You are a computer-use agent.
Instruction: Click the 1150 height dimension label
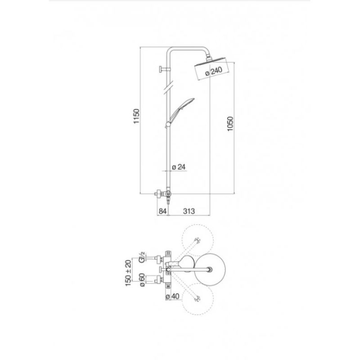(x=136, y=116)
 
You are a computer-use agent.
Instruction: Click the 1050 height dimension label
(x=230, y=124)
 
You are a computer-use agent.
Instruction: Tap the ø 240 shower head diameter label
(x=214, y=72)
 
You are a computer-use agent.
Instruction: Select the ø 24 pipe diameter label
(x=179, y=166)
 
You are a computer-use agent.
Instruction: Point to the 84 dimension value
(x=162, y=211)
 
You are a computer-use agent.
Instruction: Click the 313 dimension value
(x=189, y=211)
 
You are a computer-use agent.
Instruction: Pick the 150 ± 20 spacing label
(x=129, y=273)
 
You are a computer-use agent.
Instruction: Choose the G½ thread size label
(x=142, y=257)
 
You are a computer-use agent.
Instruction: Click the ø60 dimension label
(x=142, y=279)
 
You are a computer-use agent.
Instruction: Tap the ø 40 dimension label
(x=172, y=297)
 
